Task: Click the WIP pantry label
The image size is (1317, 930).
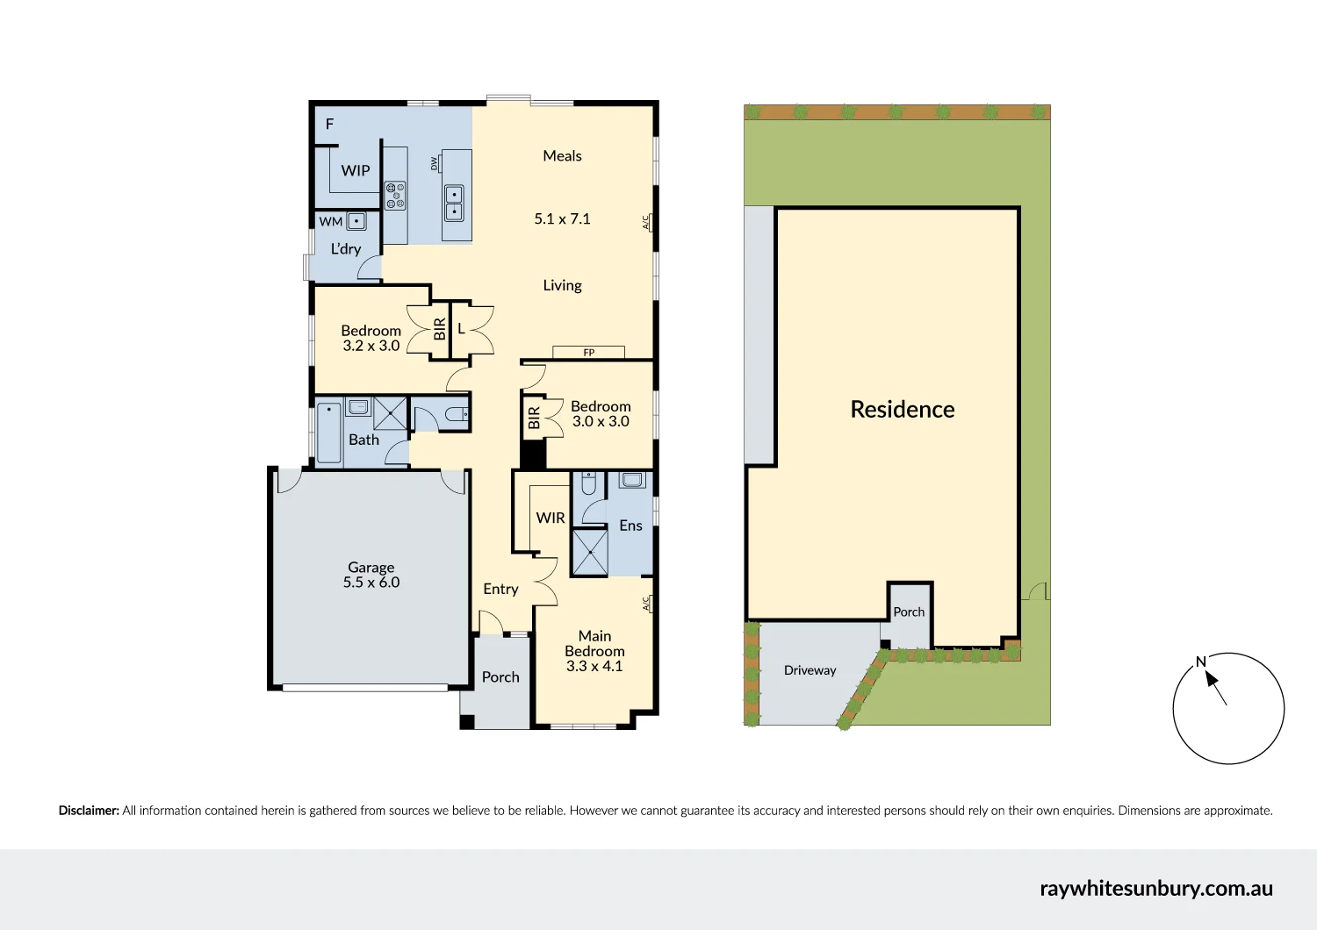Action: (356, 170)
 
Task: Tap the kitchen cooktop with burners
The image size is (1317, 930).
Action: (395, 195)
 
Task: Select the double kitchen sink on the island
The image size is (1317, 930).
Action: (454, 203)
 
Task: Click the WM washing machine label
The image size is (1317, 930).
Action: (331, 222)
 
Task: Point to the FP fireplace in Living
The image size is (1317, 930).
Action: (588, 352)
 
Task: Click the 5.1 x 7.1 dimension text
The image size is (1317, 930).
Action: (562, 218)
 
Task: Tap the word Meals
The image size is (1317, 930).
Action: (562, 156)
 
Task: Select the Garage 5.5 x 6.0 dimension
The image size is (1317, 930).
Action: (371, 583)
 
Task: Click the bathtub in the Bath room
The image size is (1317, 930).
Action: (329, 432)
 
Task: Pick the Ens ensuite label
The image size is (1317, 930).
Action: (630, 526)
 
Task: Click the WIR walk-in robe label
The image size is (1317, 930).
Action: (551, 518)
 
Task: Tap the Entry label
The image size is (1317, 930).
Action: (500, 589)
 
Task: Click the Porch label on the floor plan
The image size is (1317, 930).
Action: (500, 677)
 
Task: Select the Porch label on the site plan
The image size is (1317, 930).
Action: (909, 612)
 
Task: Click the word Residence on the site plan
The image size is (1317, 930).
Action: (902, 410)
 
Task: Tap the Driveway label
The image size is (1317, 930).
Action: (810, 670)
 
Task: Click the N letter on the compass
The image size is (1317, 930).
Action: (1200, 662)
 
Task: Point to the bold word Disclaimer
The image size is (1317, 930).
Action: (89, 811)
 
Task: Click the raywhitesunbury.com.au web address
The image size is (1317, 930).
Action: (1155, 888)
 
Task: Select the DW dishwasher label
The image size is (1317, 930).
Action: (434, 163)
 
